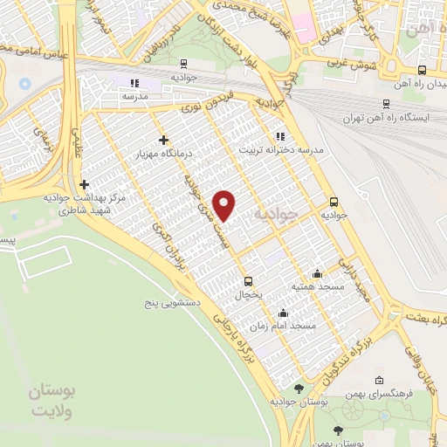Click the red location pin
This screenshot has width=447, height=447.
click(225, 205)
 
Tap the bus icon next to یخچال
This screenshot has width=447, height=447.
click(248, 281)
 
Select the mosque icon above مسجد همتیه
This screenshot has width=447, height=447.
click(316, 273)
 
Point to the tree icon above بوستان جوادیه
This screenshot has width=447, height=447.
click(299, 388)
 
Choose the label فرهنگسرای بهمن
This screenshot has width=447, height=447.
click(377, 394)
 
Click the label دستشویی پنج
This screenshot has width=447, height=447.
click(173, 302)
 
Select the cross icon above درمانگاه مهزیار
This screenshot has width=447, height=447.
click(164, 140)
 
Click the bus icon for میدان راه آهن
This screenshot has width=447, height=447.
click(423, 71)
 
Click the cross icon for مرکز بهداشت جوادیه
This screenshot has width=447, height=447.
click(84, 184)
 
